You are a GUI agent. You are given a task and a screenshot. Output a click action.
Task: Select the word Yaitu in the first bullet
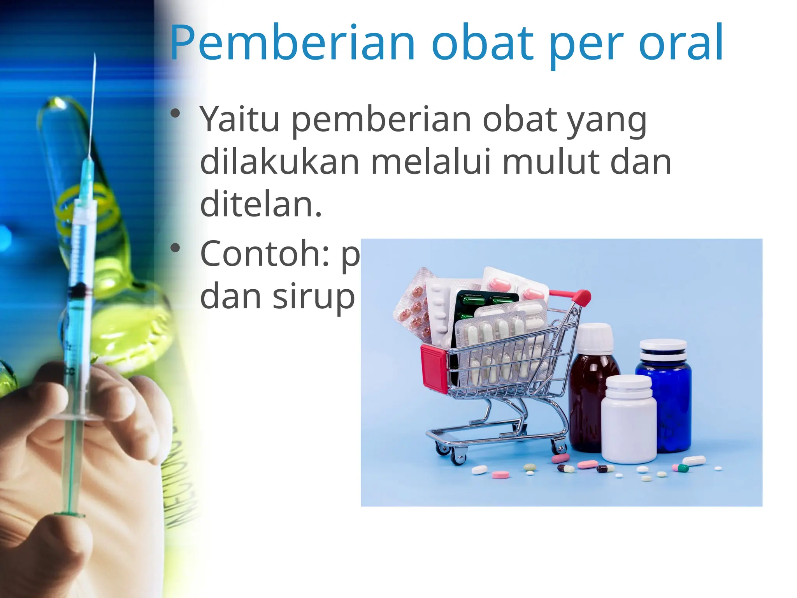tap(239, 119)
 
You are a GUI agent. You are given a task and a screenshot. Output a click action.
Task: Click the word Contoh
tap(265, 254)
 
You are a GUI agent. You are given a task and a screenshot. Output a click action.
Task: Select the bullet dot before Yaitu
tap(176, 114)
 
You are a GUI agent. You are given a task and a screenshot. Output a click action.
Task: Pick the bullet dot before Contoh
tap(176, 248)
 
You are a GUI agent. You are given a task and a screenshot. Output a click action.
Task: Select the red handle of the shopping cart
tap(581, 298)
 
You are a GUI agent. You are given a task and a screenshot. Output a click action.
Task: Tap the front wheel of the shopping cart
tap(458, 458)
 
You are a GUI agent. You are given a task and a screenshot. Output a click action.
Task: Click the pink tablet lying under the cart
tap(500, 475)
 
